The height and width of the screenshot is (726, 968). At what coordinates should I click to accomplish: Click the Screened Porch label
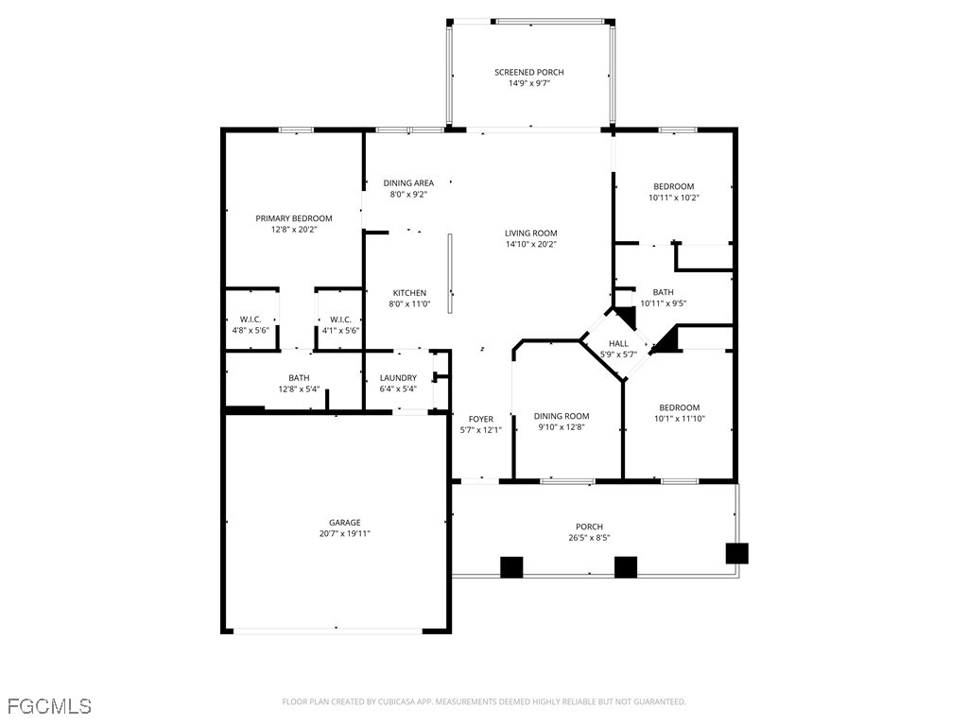click(529, 72)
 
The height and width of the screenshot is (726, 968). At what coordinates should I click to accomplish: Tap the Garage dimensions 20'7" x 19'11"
click(344, 534)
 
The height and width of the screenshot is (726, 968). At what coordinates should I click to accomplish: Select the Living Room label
click(531, 233)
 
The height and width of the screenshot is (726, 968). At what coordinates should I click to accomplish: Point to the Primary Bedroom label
click(294, 218)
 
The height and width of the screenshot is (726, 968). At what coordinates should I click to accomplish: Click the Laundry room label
click(398, 378)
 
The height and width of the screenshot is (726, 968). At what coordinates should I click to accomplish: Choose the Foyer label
click(481, 419)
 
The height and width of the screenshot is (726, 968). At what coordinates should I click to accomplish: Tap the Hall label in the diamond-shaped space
click(618, 344)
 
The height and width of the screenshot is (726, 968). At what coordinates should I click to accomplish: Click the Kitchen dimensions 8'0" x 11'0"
click(409, 303)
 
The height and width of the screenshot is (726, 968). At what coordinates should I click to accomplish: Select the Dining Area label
click(408, 182)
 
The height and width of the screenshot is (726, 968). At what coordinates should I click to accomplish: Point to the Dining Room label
click(562, 416)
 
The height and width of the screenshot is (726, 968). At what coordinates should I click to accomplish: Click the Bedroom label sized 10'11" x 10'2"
click(673, 186)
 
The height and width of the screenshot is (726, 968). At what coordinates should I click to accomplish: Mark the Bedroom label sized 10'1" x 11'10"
click(679, 407)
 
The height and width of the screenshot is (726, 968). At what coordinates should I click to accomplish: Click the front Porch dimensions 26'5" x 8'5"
click(589, 538)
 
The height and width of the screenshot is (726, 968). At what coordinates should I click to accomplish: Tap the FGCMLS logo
click(49, 706)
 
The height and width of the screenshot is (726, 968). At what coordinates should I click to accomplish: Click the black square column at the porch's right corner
click(736, 553)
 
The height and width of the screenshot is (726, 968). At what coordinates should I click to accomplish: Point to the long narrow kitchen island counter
click(451, 273)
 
